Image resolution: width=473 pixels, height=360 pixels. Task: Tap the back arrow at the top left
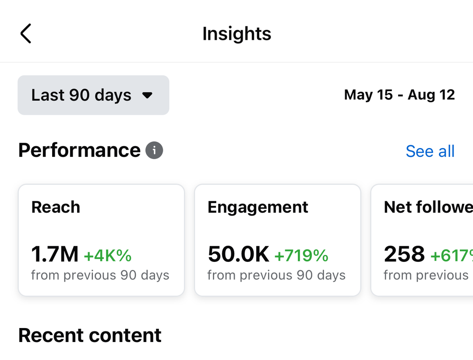[26, 34]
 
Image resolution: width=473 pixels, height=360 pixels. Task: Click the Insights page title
[236, 34]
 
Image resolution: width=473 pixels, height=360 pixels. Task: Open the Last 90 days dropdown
[93, 95]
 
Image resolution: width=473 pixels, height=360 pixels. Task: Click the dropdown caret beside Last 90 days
[148, 95]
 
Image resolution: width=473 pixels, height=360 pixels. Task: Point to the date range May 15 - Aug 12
[399, 95]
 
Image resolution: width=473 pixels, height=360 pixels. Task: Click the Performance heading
[79, 150]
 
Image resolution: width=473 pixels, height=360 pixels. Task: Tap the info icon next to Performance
[154, 151]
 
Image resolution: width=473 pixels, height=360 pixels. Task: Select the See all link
[430, 151]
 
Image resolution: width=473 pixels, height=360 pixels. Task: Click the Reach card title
[56, 207]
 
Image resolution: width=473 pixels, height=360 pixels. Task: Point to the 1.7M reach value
[55, 254]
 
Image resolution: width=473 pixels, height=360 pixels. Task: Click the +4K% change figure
[108, 255]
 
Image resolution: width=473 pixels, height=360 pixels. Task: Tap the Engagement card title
[258, 207]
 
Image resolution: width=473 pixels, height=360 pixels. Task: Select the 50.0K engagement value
[238, 254]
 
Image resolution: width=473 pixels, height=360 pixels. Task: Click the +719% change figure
[301, 255]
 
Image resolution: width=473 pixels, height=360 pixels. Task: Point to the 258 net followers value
[404, 254]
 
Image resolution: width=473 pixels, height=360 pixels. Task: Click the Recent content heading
[90, 335]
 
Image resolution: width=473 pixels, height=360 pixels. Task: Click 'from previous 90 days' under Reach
[100, 275]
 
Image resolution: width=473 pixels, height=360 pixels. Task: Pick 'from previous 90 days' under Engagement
[276, 275]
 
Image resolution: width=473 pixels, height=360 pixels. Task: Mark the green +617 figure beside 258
[452, 255]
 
